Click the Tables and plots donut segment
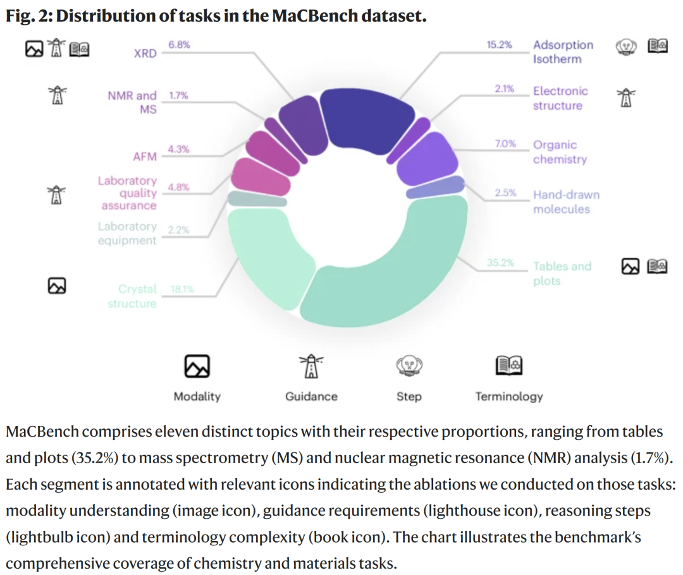pos(405,278)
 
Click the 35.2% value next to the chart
pos(500,263)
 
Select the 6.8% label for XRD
pos(179,45)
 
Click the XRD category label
pos(145,53)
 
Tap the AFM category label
pos(144,157)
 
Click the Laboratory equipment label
pos(127,233)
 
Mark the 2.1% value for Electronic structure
pos(504,89)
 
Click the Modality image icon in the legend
pos(197,366)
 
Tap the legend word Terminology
pos(509,396)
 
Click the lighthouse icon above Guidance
pos(311,365)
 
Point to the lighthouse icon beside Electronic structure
pos(626,97)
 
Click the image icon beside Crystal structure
pos(57,286)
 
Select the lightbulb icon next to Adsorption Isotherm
pos(626,46)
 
